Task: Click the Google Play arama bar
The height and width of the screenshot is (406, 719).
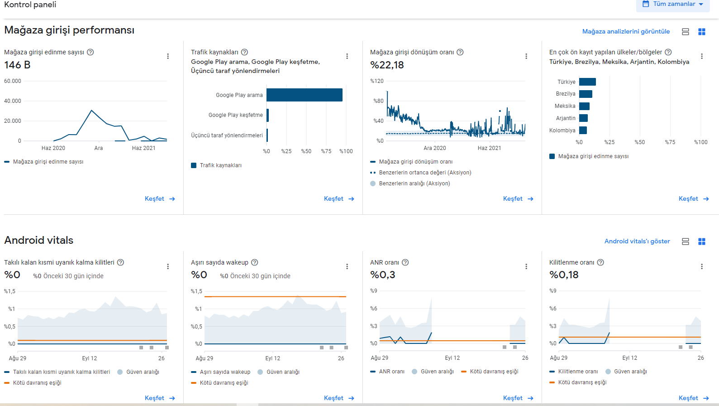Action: click(304, 95)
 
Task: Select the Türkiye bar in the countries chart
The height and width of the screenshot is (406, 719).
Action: click(587, 82)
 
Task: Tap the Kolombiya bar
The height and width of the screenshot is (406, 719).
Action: click(583, 130)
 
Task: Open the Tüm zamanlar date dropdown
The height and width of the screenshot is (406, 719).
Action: click(673, 4)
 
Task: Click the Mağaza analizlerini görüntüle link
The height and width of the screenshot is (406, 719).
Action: click(626, 32)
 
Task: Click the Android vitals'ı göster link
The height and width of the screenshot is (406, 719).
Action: click(637, 242)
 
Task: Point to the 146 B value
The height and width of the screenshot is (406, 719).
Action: click(17, 65)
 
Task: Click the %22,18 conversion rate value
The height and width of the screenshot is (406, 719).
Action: click(387, 65)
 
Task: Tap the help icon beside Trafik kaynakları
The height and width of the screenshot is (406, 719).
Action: click(245, 52)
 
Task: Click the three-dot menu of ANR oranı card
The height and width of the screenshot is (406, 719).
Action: click(526, 266)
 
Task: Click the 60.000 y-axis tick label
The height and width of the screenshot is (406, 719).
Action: click(13, 81)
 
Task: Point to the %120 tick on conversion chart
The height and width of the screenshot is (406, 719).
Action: click(377, 81)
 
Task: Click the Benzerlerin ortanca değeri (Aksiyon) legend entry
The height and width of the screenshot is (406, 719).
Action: click(421, 173)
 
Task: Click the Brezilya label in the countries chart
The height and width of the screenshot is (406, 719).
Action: click(566, 94)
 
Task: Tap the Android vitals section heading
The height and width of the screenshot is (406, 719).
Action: click(38, 241)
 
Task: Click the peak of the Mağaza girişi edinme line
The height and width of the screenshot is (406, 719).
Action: click(91, 111)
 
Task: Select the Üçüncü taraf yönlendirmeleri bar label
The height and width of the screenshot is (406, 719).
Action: click(227, 135)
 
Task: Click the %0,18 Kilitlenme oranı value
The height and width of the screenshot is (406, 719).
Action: click(564, 275)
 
